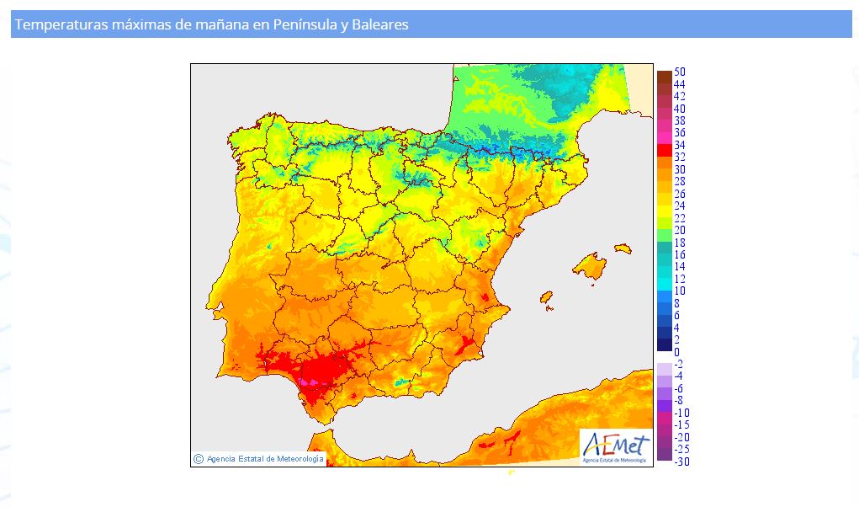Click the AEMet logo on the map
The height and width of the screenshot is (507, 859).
(617, 447)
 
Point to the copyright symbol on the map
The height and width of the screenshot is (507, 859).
(199, 459)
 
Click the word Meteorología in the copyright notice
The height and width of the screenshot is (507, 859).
(300, 459)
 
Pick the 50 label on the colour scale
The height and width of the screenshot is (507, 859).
(679, 72)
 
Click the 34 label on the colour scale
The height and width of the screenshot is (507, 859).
(679, 145)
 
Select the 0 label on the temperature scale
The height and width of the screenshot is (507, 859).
(676, 352)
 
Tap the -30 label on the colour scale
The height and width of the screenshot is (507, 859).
(681, 462)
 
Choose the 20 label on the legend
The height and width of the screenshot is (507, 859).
(679, 230)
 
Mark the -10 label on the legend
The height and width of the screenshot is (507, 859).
(681, 413)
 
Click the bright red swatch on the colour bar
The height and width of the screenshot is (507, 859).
(665, 150)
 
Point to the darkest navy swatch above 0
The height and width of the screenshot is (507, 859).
(665, 344)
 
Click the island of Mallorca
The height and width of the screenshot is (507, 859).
(590, 267)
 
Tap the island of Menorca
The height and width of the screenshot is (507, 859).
(623, 248)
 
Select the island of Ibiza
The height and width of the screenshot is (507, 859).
(546, 297)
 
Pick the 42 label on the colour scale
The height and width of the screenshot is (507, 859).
(679, 97)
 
